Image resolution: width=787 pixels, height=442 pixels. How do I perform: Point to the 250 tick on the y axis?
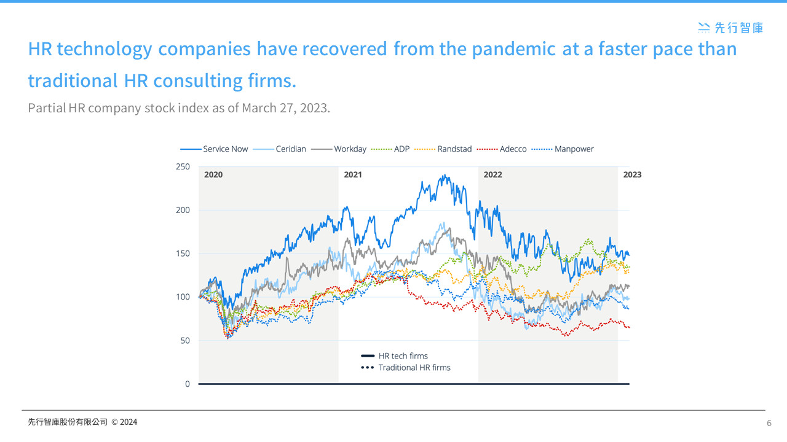[x=183, y=166]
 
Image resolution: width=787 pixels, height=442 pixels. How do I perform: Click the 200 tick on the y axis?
[x=183, y=210]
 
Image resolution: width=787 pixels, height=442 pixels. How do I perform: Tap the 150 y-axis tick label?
[x=183, y=254]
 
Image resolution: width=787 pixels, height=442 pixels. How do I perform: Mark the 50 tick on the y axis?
[x=185, y=341]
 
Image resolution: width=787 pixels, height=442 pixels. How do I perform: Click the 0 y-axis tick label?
[x=188, y=384]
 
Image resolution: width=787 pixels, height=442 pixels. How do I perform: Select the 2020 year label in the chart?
[x=213, y=175]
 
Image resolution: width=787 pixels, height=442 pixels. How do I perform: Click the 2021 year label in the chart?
[x=353, y=175]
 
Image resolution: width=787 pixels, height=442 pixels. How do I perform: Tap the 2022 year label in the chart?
[x=492, y=175]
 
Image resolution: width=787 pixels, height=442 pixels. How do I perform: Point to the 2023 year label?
[x=632, y=175]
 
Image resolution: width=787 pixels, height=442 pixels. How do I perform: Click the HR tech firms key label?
[x=403, y=356]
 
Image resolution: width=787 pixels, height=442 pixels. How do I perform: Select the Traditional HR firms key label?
[x=414, y=368]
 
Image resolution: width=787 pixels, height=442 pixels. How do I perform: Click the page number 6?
[x=769, y=423]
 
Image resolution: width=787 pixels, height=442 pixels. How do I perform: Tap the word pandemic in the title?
[x=518, y=49]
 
